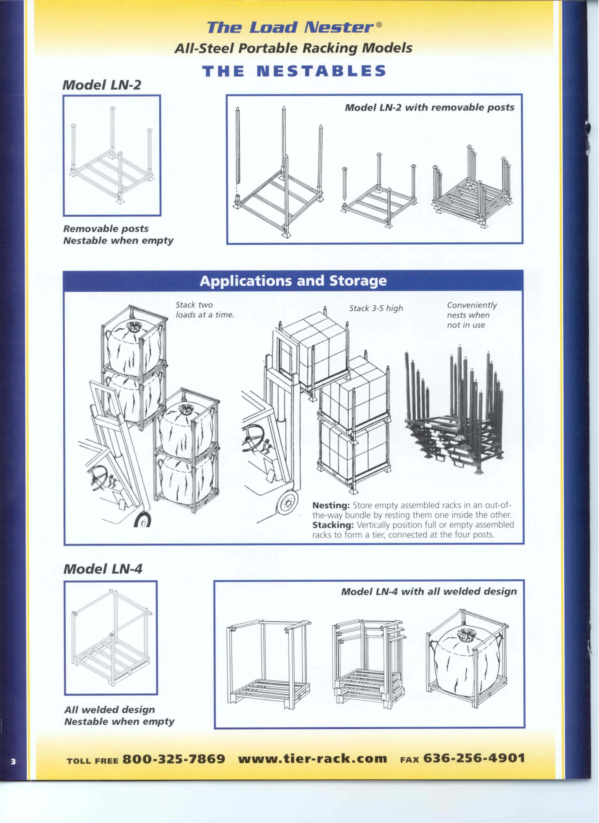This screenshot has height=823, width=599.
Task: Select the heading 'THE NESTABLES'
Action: point(294,71)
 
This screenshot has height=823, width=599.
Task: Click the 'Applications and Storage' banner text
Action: point(293,281)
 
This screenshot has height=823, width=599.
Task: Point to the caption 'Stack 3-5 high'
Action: point(376,309)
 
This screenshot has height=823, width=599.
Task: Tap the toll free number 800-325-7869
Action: point(174,759)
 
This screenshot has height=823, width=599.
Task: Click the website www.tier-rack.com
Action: point(313,759)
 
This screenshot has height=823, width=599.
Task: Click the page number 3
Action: point(13,761)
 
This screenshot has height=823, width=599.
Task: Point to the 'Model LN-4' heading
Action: point(103,569)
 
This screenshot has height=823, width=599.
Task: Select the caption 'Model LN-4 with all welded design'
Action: point(429,592)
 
